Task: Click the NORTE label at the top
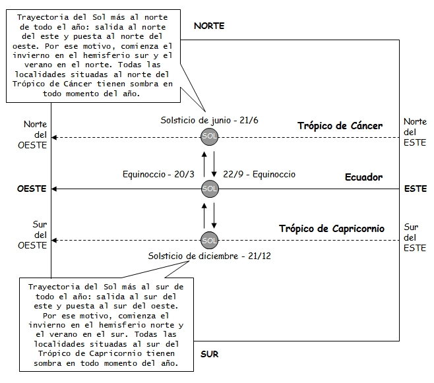209,26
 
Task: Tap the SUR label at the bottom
209,354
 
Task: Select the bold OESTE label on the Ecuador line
32,189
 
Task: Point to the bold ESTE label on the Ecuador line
416,189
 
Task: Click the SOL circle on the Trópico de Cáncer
210,137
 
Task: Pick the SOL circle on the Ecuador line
210,189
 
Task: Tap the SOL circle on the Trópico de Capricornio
210,239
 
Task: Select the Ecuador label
363,177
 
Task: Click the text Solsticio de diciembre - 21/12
209,255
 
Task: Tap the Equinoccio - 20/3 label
158,175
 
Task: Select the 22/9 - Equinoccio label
260,175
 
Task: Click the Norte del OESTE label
32,134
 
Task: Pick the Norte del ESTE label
415,132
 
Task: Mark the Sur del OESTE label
32,235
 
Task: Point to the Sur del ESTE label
412,237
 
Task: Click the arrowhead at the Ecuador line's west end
56,189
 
